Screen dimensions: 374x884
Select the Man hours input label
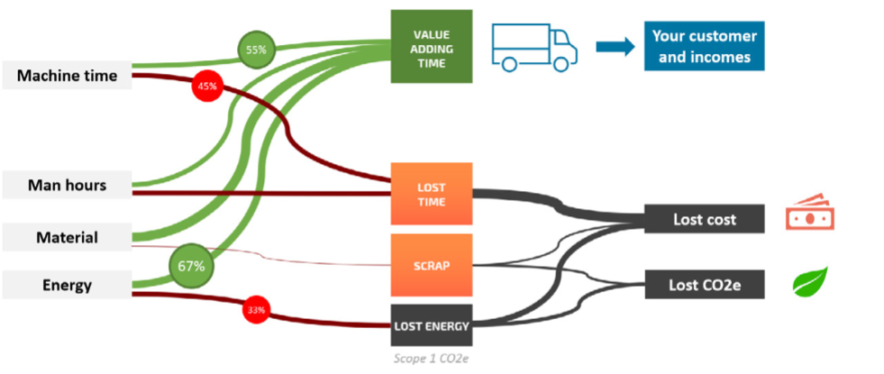[x=68, y=186]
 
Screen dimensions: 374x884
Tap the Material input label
[x=68, y=238]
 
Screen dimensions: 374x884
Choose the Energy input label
[x=68, y=286]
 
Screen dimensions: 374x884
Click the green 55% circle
[x=255, y=50]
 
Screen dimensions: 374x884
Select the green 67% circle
[x=189, y=267]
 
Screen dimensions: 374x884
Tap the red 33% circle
[x=257, y=311]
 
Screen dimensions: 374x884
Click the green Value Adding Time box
[x=431, y=47]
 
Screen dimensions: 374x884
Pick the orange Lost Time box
[x=431, y=194]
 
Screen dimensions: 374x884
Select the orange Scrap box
[x=431, y=266]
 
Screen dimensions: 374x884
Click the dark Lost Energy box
[x=431, y=326]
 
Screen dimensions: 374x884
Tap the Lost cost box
[x=705, y=219]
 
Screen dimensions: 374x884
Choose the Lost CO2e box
[x=705, y=286]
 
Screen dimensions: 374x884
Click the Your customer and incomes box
[x=704, y=47]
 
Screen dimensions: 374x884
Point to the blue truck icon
[x=533, y=47]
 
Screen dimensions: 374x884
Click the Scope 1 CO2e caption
[x=431, y=358]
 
